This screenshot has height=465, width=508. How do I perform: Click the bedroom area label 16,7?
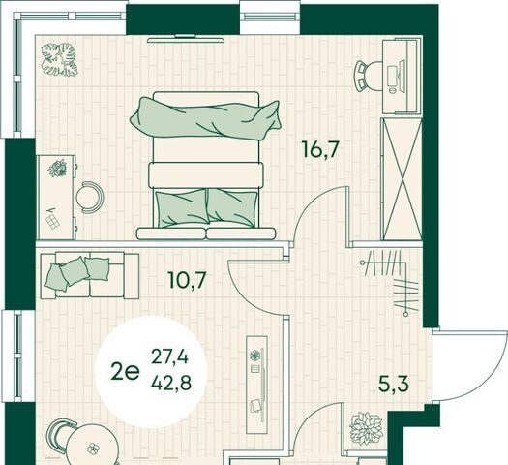click(320, 149)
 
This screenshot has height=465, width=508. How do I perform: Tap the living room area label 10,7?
click(188, 280)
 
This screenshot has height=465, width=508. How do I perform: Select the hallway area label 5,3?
click(394, 385)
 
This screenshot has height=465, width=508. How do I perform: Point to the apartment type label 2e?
click(125, 372)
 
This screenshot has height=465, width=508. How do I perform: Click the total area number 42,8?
click(171, 384)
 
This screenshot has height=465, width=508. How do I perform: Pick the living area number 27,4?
click(170, 357)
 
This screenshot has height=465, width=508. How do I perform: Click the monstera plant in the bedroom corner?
click(59, 59)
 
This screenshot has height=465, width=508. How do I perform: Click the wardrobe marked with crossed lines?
click(402, 179)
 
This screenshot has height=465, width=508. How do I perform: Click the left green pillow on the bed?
click(182, 208)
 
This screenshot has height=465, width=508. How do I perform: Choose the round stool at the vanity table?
click(88, 198)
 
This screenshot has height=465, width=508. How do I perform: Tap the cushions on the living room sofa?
click(77, 272)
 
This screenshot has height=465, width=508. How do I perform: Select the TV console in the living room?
click(257, 385)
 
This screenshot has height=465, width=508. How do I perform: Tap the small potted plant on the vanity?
click(57, 169)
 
